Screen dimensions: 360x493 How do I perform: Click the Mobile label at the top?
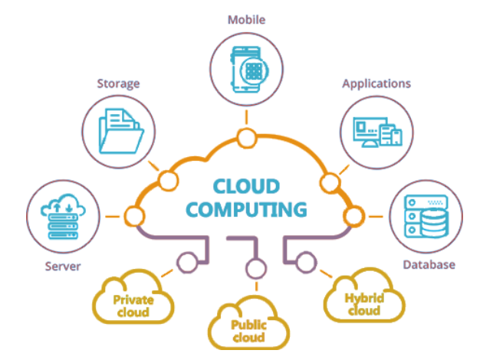(x=246, y=18)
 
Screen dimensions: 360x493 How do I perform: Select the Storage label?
(x=117, y=82)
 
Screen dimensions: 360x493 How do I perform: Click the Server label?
(x=59, y=267)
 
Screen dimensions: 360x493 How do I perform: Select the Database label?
(x=429, y=265)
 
